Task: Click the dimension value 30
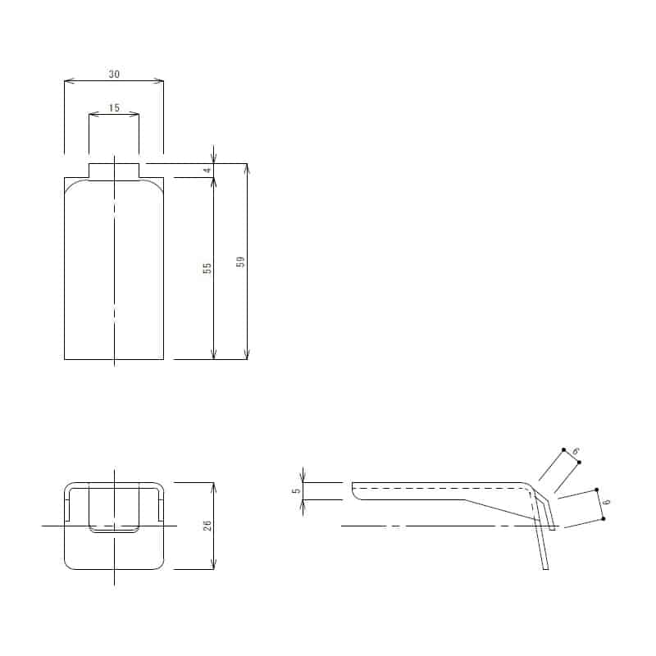click(114, 74)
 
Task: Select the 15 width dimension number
click(114, 107)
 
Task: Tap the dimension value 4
click(208, 171)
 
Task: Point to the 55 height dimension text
click(208, 268)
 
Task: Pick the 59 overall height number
click(240, 262)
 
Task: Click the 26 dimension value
click(208, 526)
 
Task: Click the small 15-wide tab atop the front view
click(114, 171)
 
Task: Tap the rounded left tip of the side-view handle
click(353, 491)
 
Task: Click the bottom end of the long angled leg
click(545, 568)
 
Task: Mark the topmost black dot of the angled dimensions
click(563, 449)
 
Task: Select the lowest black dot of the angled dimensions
click(603, 518)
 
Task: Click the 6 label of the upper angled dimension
click(576, 452)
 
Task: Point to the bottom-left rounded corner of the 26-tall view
click(68, 566)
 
